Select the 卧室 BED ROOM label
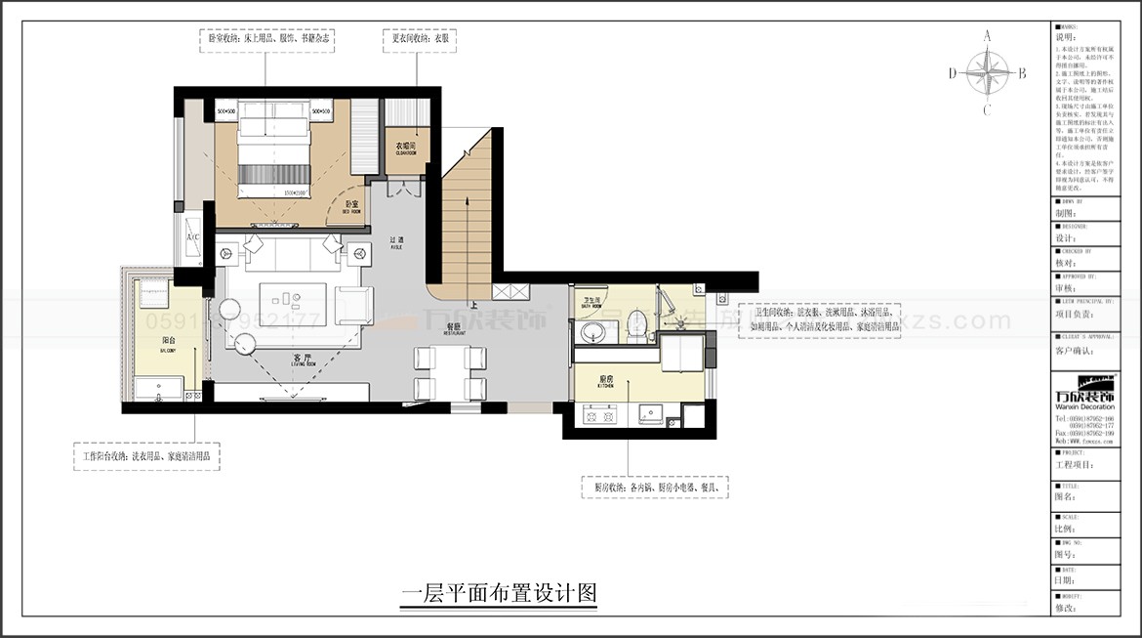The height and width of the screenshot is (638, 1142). (x=351, y=207)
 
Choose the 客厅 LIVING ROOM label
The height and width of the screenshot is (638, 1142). (x=302, y=361)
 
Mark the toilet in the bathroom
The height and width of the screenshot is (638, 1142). (x=637, y=324)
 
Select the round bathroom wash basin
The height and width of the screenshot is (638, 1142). (x=594, y=331)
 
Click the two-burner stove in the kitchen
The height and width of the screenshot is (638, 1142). (x=597, y=416)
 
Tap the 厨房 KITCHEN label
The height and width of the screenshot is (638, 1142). (x=604, y=383)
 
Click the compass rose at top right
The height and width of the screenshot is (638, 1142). (x=987, y=72)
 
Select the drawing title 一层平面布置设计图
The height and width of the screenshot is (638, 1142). (x=499, y=592)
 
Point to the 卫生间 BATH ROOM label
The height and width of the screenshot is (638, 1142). (x=592, y=302)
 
